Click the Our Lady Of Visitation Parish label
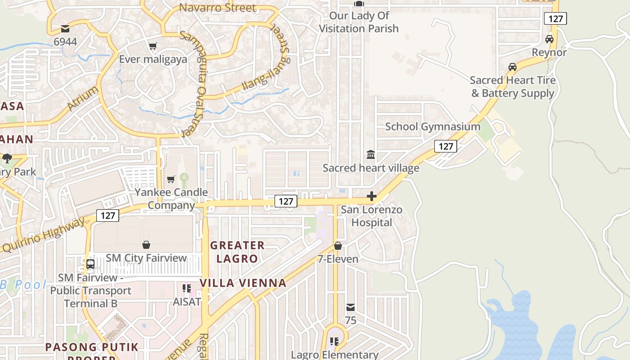(359, 22)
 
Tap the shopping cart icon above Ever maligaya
(153, 46)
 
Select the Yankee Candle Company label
(171, 198)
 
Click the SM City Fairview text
(146, 258)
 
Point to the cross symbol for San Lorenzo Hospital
(372, 196)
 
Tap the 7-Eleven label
(338, 259)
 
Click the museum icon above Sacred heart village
(371, 155)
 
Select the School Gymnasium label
(432, 126)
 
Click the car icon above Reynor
(549, 39)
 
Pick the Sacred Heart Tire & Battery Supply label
(513, 87)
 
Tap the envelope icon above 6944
(65, 29)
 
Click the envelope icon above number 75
(351, 307)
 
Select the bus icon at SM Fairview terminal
(90, 264)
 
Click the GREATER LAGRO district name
(237, 252)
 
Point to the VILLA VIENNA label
(243, 283)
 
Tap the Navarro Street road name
(217, 8)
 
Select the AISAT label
(187, 301)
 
